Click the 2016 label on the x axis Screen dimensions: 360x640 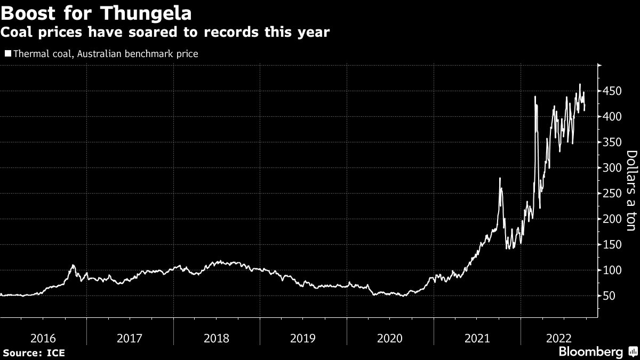43,338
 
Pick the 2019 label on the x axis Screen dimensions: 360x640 303,338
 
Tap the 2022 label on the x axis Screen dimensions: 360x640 564,338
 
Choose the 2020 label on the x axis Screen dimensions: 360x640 390,338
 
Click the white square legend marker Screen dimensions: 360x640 7,53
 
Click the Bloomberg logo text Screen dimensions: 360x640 590,352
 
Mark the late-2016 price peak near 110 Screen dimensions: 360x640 73,265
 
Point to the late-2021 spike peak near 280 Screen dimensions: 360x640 500,178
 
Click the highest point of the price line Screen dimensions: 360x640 580,84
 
